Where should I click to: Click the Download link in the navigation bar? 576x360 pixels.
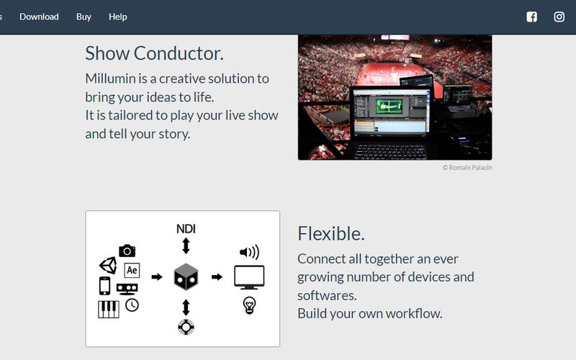point(39,17)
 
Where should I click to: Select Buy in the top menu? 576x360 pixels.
point(84,17)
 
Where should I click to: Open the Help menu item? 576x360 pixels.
point(117,17)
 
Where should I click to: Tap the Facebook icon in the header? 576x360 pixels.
point(531,17)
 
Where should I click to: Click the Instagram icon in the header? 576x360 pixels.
point(559,17)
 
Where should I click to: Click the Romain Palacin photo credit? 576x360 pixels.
point(467,168)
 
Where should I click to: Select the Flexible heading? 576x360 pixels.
point(330,233)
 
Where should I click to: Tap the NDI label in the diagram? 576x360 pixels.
point(186,229)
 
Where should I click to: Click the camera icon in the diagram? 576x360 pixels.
point(127,251)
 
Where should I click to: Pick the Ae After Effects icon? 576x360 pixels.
point(132,271)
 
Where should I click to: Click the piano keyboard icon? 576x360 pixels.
point(108,309)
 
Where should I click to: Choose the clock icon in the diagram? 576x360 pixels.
point(132,305)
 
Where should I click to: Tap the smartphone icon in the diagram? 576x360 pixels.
point(105,286)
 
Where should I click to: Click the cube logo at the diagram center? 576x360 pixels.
point(186,276)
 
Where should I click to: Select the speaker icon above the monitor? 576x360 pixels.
point(249,252)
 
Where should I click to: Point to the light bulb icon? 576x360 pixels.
point(249,305)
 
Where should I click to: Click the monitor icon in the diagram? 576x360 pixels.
point(249,277)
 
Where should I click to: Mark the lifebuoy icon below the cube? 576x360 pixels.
point(186,326)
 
